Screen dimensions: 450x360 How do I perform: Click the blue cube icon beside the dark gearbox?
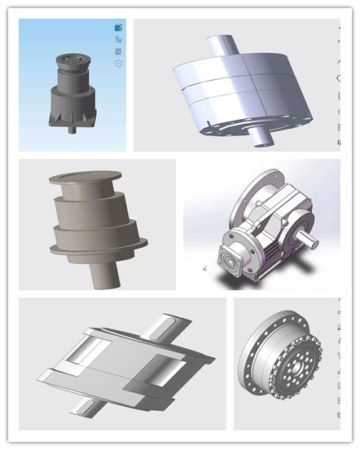[x=119, y=28]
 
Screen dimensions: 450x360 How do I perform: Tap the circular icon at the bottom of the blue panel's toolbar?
[x=119, y=63]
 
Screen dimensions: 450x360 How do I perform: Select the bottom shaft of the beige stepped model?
[x=103, y=273]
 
